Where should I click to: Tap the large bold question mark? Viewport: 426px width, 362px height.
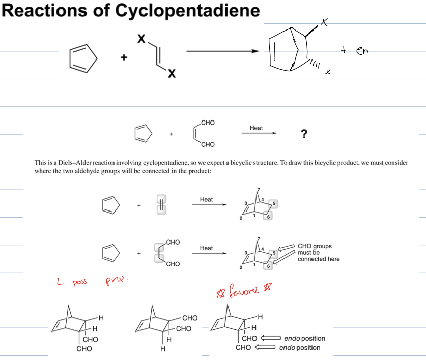(304, 134)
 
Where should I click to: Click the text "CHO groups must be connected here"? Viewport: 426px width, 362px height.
(318, 253)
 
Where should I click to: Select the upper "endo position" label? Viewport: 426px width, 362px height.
(304, 338)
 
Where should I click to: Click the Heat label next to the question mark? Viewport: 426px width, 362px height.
(256, 128)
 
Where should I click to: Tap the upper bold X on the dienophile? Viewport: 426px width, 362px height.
(142, 38)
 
